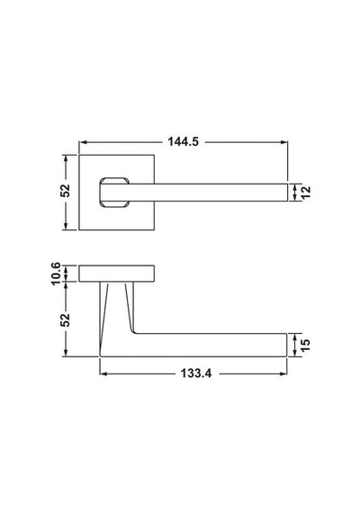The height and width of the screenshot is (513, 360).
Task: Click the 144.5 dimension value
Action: click(183, 141)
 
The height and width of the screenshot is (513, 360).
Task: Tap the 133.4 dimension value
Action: click(196, 373)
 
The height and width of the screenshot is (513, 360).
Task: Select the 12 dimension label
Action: click(305, 193)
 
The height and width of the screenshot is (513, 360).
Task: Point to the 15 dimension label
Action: click(305, 346)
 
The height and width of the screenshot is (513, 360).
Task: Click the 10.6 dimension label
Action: click(56, 274)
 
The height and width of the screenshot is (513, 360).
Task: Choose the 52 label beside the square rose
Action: click(65, 191)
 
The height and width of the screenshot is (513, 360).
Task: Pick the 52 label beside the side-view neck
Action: click(65, 320)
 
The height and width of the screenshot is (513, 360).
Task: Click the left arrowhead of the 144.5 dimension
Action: click(83, 142)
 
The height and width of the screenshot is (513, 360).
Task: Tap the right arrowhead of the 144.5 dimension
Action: click(284, 142)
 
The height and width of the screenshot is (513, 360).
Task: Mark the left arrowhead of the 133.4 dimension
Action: click(103, 373)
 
